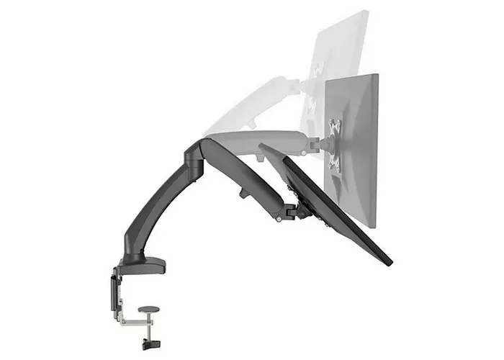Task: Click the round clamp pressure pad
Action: point(148,309)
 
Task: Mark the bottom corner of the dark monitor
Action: point(387,260)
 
